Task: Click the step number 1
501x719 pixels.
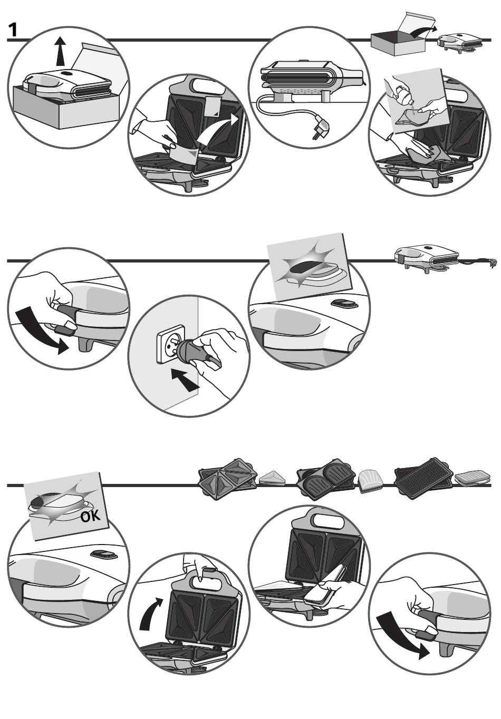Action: (x=13, y=30)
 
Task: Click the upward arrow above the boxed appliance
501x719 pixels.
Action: (x=60, y=52)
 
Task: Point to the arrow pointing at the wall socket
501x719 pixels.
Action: (x=184, y=380)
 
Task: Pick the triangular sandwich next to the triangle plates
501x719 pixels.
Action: (x=272, y=479)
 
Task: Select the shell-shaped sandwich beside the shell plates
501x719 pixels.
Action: (x=369, y=481)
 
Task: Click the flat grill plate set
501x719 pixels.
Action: (x=424, y=477)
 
